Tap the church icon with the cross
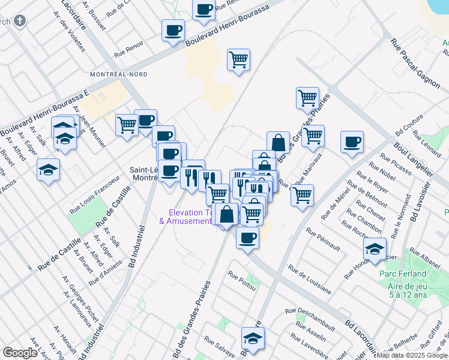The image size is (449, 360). coord(20,22)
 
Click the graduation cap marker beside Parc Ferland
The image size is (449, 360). coord(375,249)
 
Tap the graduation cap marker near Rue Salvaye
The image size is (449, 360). coord(253,338)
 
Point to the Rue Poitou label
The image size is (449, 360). coord(241,280)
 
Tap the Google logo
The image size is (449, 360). coord(20,353)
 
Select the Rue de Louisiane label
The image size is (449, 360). coord(309,279)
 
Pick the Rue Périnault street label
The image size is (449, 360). coord(323,239)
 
